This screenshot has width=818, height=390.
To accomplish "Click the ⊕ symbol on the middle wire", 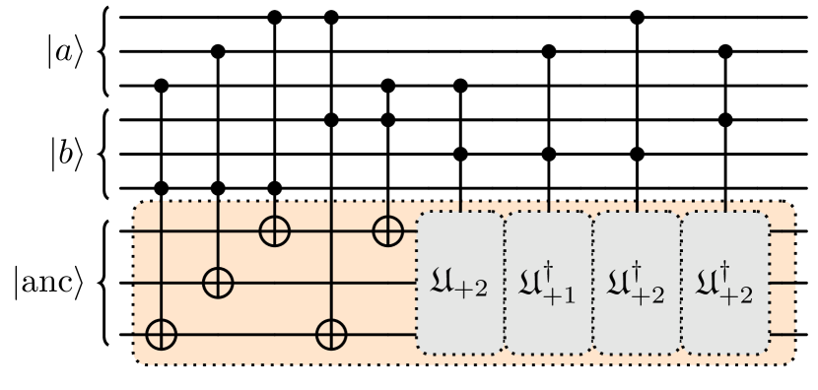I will (218, 283).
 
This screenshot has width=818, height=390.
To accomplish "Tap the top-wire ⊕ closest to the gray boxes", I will (388, 231).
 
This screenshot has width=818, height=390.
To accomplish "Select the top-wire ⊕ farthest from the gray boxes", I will (274, 231).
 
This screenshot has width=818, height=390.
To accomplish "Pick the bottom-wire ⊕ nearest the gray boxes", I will (331, 334).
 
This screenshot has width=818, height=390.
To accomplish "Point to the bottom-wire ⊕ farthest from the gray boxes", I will (161, 334).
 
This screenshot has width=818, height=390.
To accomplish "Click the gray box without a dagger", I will (460, 283).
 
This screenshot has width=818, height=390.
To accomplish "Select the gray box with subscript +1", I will (548, 283).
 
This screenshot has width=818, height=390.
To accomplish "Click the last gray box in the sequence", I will (725, 283).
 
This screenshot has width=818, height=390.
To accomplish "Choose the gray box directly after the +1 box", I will (637, 283).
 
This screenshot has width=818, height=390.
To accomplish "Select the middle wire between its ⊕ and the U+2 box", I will (315, 283).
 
